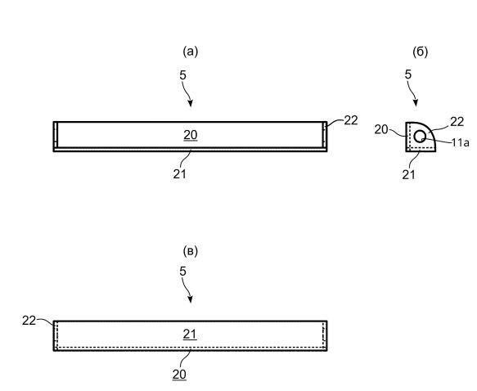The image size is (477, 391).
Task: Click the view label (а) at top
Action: (x=191, y=52)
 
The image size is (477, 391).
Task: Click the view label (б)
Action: (x=420, y=52)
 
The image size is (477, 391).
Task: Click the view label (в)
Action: (x=191, y=251)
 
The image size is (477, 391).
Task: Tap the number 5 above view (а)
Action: (x=182, y=75)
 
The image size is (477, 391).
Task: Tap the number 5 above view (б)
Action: (x=408, y=74)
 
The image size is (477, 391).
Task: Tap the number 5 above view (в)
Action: (x=182, y=272)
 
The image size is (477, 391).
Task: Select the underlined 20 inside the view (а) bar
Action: (x=191, y=135)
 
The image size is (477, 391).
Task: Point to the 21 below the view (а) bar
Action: (x=179, y=174)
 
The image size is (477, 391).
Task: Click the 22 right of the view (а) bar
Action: (x=351, y=120)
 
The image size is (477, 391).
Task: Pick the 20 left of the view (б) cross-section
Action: (x=381, y=129)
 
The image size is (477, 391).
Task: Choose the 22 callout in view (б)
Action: (x=457, y=122)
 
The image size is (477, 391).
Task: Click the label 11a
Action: (x=461, y=142)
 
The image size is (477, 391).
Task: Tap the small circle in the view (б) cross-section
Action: (x=420, y=137)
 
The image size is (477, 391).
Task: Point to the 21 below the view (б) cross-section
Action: (x=408, y=175)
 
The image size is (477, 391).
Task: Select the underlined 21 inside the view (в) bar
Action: (x=190, y=334)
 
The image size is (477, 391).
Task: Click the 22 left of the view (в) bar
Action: (x=29, y=321)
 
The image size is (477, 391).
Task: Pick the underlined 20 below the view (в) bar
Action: (x=179, y=375)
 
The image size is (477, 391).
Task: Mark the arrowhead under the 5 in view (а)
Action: (x=190, y=103)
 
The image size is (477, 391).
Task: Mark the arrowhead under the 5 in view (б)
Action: (x=416, y=103)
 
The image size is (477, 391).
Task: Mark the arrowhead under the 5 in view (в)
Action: (x=190, y=299)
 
